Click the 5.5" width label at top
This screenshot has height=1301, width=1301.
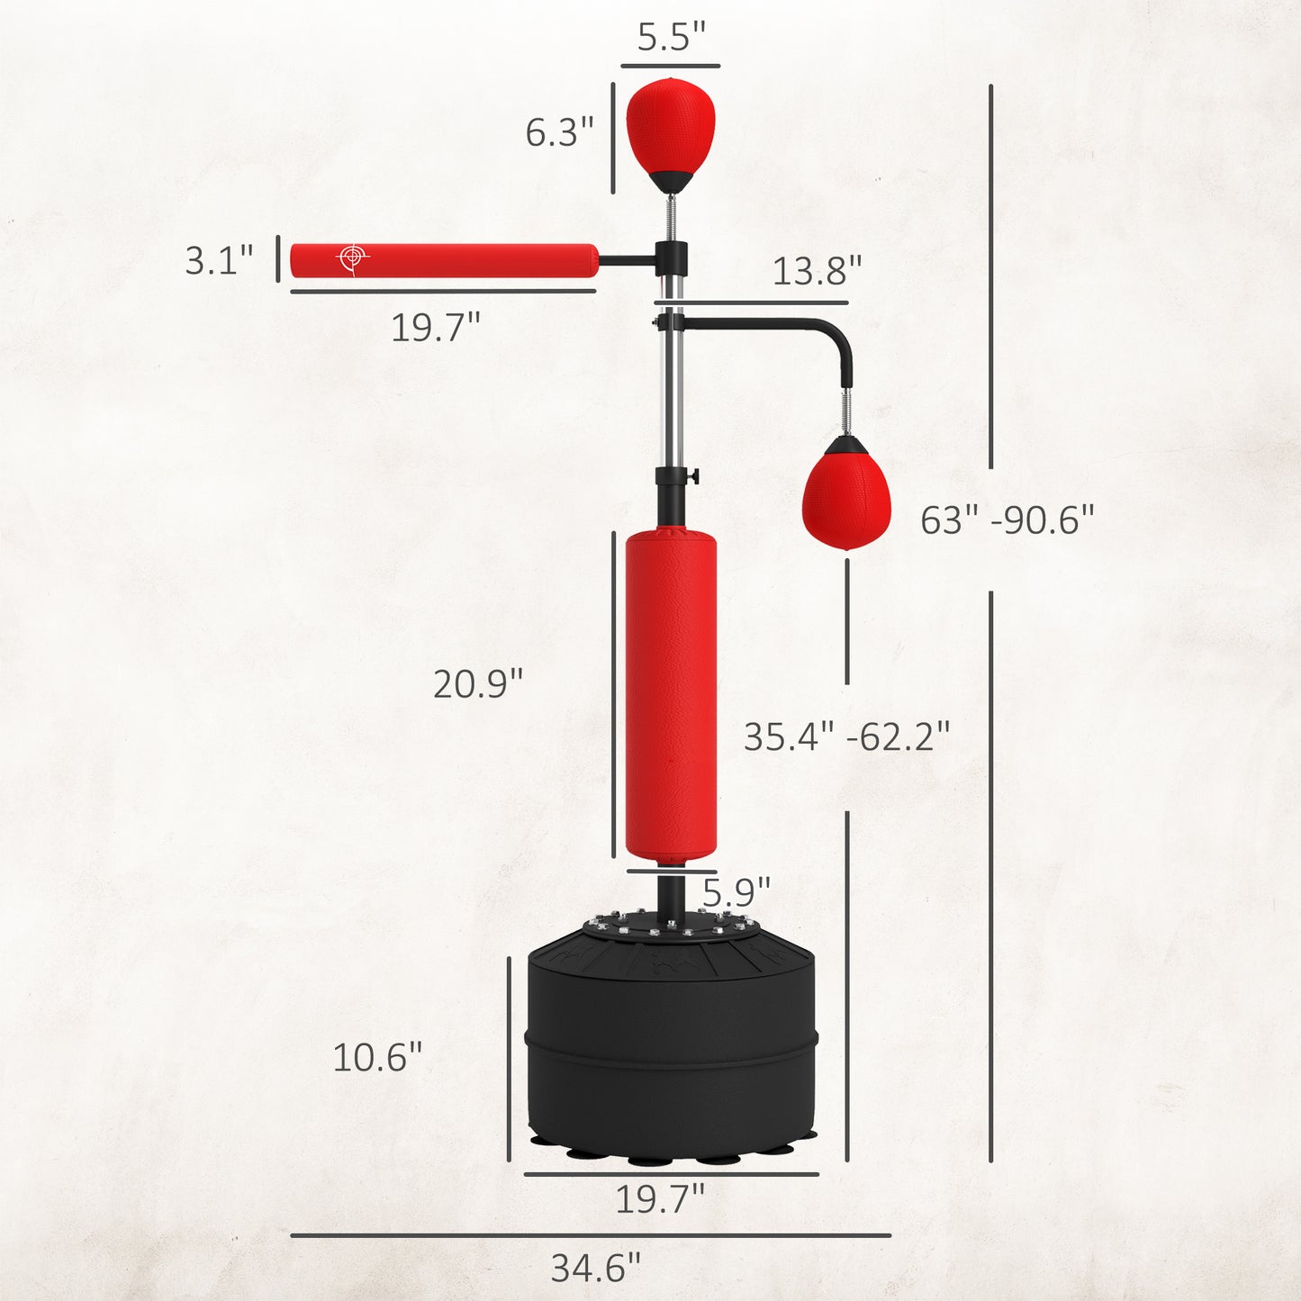coord(671,37)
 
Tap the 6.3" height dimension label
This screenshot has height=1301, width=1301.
coord(559,132)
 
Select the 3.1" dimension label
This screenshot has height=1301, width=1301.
coord(219,260)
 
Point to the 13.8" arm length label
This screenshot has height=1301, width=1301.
coord(817,270)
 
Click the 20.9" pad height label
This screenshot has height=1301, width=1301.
coord(477,684)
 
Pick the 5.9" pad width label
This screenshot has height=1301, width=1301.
coord(736,892)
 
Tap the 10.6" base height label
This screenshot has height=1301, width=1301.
coord(377,1057)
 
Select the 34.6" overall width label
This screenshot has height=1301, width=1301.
coord(595,1269)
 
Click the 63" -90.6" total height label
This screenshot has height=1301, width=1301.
coord(1007,520)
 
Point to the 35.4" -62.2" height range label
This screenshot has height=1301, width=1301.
coord(846,737)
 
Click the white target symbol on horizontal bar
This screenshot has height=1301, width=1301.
coord(352,258)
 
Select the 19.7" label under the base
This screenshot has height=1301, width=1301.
coord(659,1199)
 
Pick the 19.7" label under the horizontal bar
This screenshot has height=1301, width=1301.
coord(435,328)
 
